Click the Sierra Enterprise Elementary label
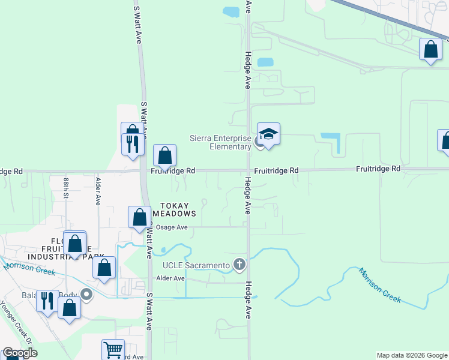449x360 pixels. pos(220,142)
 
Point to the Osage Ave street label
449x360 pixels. pos(172,227)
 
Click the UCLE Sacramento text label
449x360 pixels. pos(196,265)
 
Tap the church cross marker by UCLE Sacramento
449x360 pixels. pos(240,264)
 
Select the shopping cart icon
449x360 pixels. pos(112,350)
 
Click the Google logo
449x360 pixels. pos(20,353)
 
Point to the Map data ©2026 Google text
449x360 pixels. pos(412,355)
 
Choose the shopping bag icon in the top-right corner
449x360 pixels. pos(430,50)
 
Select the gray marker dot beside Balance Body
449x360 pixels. pos(86,294)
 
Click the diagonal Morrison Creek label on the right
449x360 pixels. pos(379,285)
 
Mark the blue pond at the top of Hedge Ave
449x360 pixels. pos(231,11)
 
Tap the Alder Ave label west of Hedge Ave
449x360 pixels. pos(170,278)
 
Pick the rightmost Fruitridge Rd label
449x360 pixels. pos(378,169)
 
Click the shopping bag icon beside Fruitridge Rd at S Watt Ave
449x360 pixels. pos(164,156)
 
